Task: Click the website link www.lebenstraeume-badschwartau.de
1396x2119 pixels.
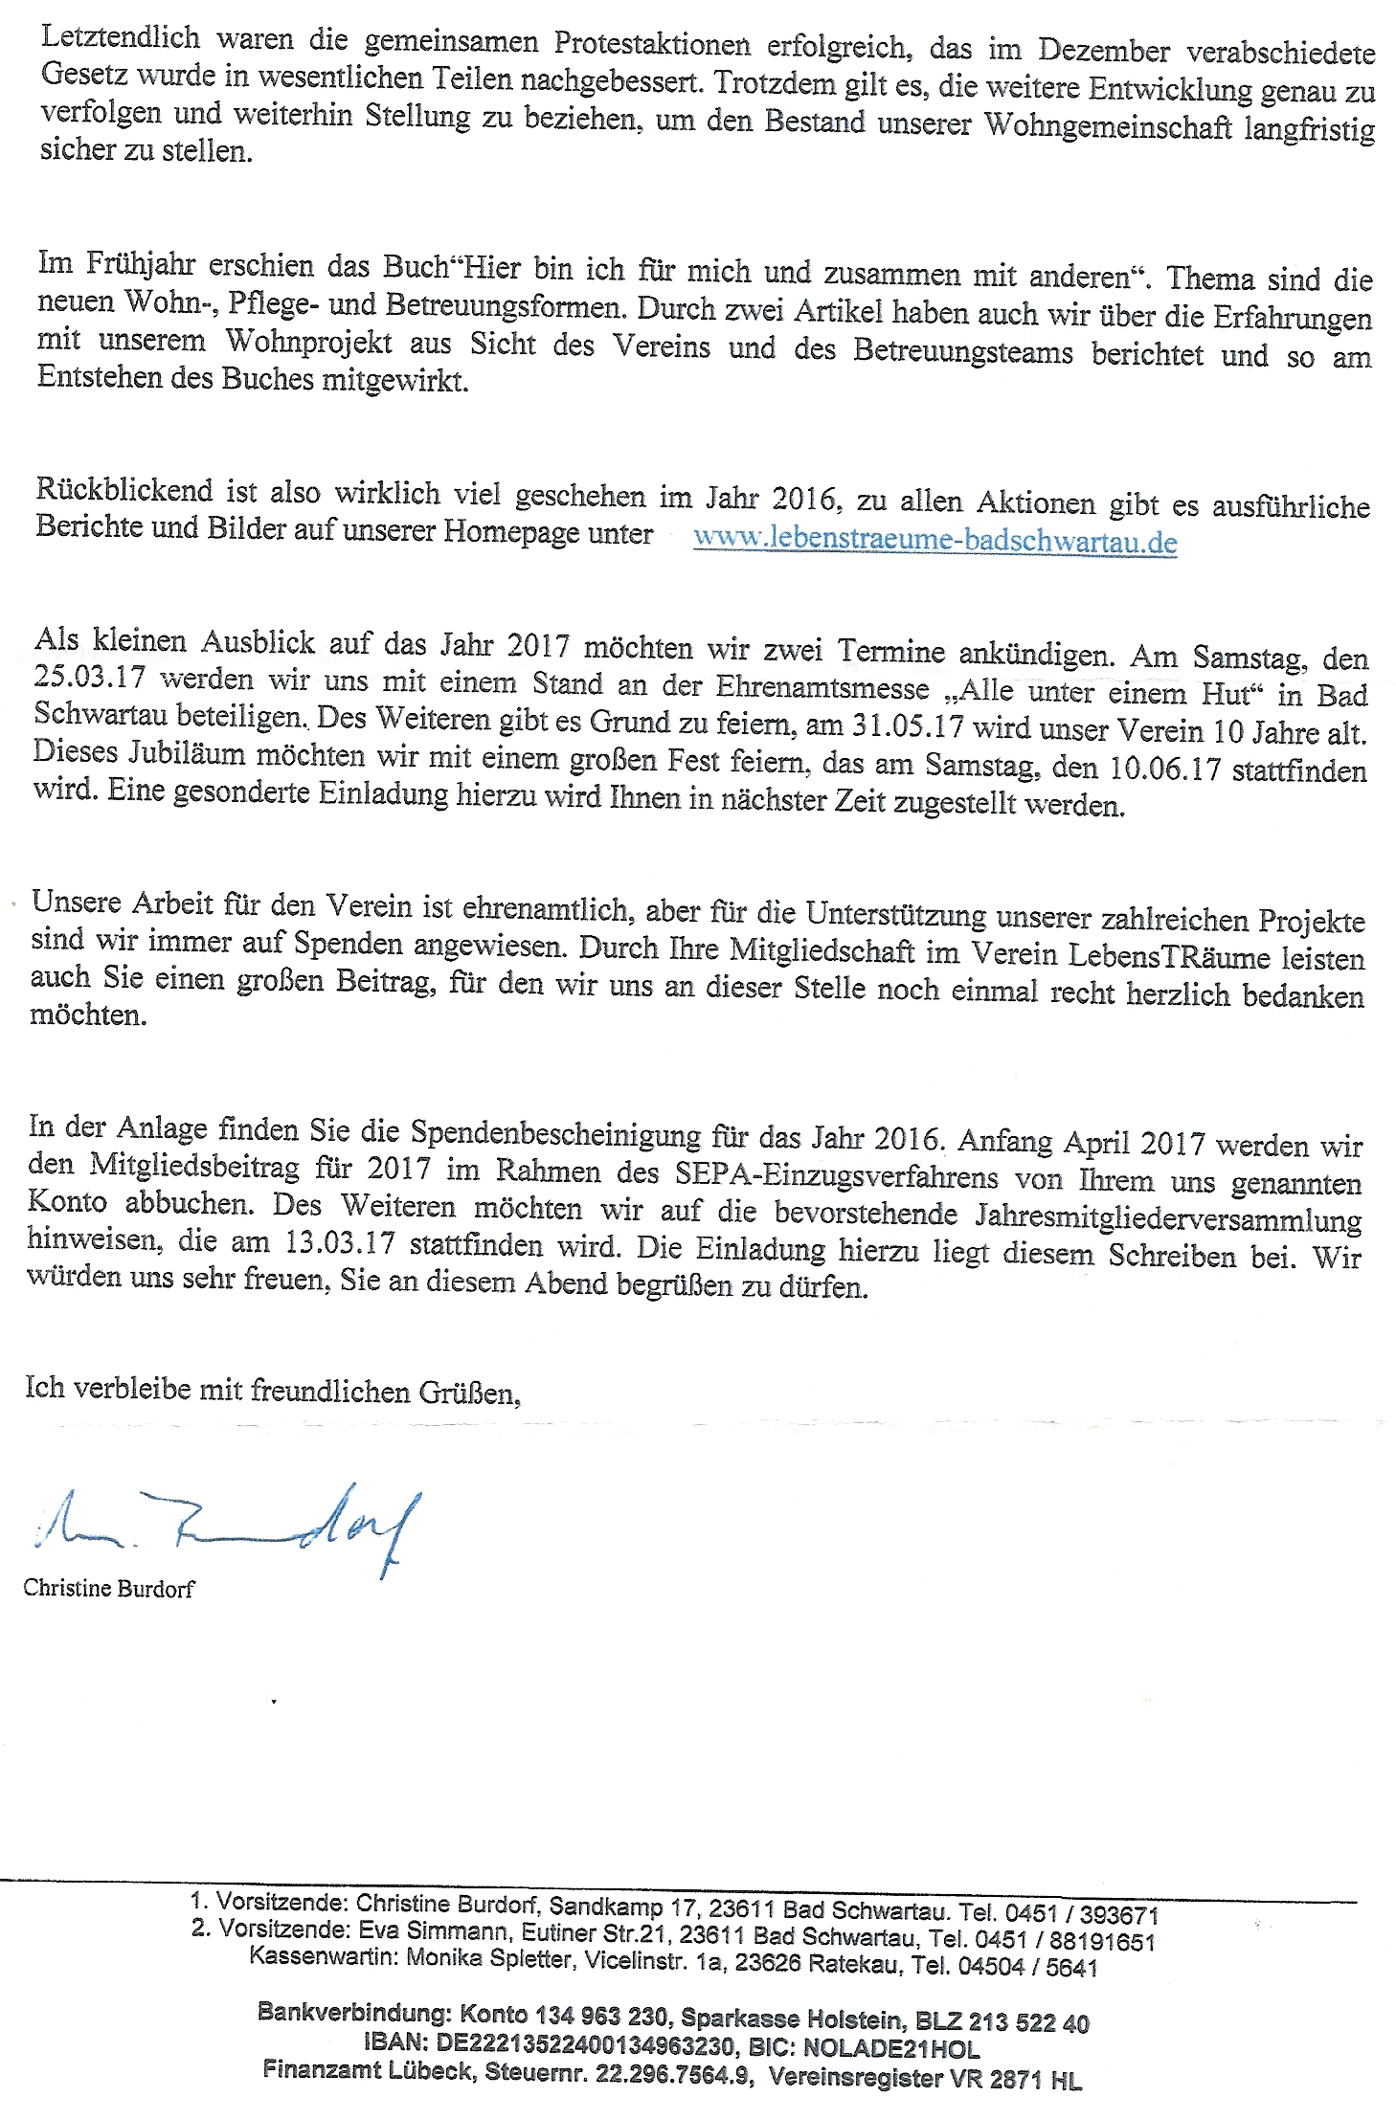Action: (934, 540)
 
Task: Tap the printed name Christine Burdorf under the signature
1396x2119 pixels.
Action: (109, 1589)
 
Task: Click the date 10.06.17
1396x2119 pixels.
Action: (1164, 768)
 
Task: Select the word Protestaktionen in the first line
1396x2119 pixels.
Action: (652, 44)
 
